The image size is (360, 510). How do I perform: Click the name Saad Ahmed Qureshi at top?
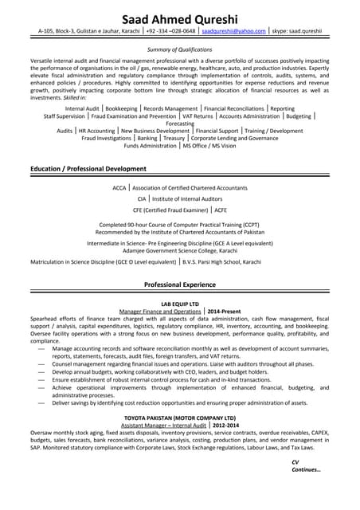tap(180, 18)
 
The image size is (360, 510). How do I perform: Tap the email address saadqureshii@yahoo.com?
tap(233, 30)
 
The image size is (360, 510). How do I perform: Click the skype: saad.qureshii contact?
tap(297, 30)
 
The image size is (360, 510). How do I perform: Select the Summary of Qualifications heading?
tap(180, 49)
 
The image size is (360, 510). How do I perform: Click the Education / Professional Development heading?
tap(88, 169)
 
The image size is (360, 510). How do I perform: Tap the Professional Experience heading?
tap(180, 284)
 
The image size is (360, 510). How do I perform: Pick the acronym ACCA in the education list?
tap(119, 188)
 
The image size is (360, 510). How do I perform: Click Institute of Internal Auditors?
tap(187, 198)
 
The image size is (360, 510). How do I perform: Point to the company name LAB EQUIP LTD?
tap(180, 304)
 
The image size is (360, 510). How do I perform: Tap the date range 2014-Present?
tap(224, 312)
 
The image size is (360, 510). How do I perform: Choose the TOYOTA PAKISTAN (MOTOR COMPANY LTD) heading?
tap(180, 418)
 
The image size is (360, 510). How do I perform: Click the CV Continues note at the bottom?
tap(306, 466)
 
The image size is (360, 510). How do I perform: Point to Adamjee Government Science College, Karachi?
tap(180, 249)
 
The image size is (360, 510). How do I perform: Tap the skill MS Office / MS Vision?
tap(209, 146)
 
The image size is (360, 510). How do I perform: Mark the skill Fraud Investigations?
tap(108, 138)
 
